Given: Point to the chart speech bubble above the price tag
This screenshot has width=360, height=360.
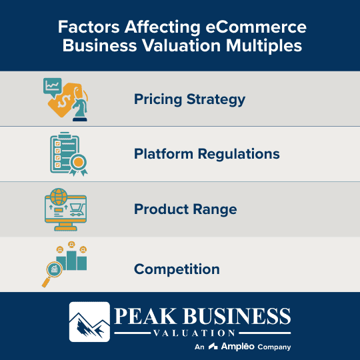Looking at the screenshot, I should click(x=53, y=85).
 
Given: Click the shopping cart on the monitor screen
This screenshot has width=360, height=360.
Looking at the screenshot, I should click(x=75, y=210).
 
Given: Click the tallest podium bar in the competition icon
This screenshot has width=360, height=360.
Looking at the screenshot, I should click(x=69, y=261).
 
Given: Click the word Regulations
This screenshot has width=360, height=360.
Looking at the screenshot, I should click(x=239, y=154).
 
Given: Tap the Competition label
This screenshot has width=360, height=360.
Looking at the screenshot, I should click(x=177, y=269).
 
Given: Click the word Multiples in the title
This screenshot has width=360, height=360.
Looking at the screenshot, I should click(x=257, y=47).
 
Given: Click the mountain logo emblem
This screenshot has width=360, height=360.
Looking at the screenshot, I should click(x=89, y=321).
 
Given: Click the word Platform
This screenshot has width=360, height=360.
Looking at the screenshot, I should click(x=163, y=154).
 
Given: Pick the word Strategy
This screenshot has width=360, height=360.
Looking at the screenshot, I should click(x=218, y=99).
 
